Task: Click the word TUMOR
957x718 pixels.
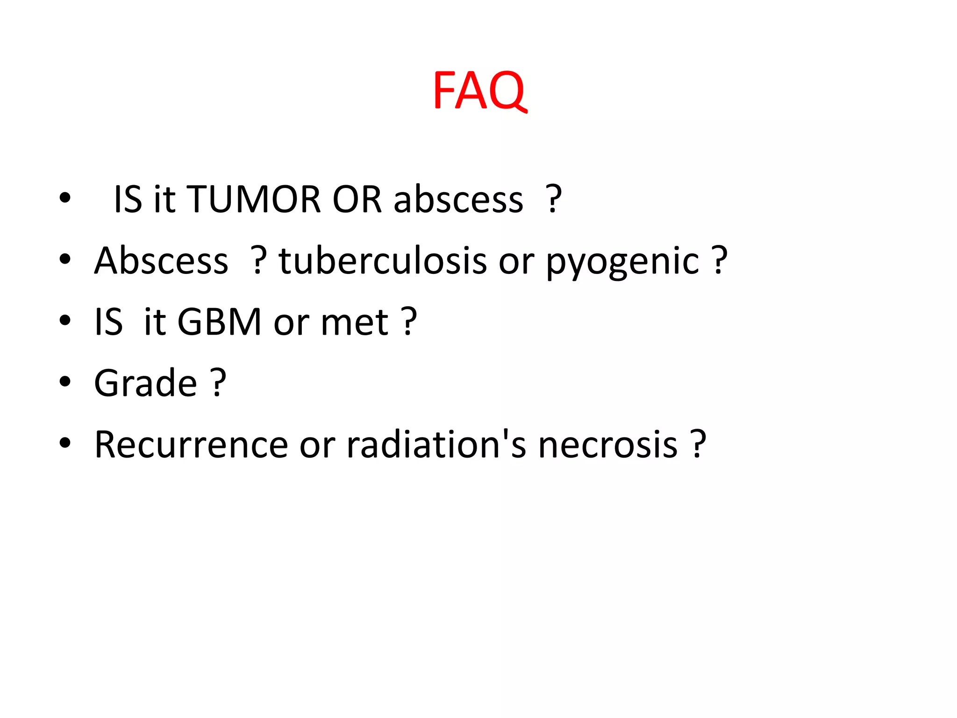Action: coord(254,200)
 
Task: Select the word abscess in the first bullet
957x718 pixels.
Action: coord(458,200)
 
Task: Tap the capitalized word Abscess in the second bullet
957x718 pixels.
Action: coord(161,261)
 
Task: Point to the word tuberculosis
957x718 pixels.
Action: coord(383,261)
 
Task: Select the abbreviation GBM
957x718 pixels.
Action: coord(219,322)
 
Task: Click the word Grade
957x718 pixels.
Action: coord(145,383)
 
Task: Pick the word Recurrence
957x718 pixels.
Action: coord(191,445)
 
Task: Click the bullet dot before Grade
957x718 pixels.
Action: coord(65,381)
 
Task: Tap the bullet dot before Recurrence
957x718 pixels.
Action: coord(65,443)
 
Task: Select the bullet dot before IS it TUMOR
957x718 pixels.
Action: coord(65,198)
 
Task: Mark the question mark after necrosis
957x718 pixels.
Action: coord(698,444)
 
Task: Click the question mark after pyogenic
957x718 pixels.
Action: coord(719,260)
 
